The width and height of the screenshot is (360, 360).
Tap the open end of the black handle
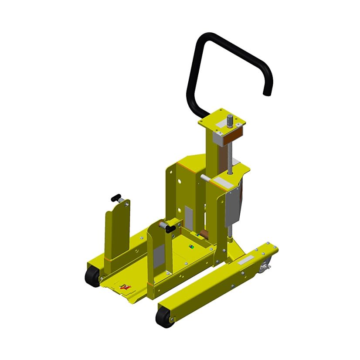click(x=265, y=92)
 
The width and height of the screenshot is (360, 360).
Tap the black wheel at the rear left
click(x=92, y=276)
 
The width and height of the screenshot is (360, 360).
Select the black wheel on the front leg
click(x=163, y=317)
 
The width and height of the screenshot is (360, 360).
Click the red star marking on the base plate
click(x=126, y=287)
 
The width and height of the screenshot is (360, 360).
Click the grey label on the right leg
click(x=245, y=259)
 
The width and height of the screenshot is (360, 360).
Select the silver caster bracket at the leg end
click(x=265, y=267)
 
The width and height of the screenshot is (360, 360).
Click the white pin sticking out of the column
click(x=204, y=177)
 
